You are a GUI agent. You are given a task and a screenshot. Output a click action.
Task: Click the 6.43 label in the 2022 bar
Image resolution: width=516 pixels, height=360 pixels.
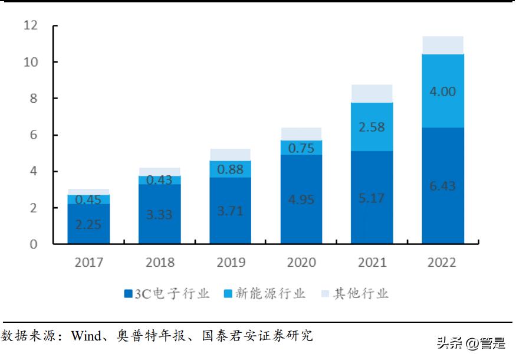coord(443,186)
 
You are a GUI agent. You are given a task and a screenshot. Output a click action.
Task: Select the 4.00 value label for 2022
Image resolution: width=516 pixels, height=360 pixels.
coord(443,92)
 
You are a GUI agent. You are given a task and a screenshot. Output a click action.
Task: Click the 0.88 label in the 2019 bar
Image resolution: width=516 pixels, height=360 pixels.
coord(230,169)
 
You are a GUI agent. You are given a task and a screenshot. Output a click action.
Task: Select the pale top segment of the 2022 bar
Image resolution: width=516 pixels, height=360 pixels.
coord(443,45)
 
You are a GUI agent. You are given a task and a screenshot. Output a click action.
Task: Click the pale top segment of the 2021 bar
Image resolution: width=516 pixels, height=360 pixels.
coord(372,93)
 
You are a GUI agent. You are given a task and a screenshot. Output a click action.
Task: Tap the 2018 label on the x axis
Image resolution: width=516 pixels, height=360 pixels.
coord(159,262)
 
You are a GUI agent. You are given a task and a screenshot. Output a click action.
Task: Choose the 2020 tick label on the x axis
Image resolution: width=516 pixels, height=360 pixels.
coord(301,262)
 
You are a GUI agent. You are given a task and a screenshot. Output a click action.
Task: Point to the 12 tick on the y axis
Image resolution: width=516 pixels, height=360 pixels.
coord(30,25)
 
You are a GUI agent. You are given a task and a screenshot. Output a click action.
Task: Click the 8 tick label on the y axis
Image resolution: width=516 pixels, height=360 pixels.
coord(34,99)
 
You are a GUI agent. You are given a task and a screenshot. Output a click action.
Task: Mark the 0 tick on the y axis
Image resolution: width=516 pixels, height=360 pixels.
coord(34,244)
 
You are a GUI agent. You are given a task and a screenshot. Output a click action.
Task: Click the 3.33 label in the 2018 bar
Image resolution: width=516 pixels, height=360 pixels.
coord(159,214)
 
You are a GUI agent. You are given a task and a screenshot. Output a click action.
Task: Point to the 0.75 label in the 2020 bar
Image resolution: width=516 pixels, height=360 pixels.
coord(301,149)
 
